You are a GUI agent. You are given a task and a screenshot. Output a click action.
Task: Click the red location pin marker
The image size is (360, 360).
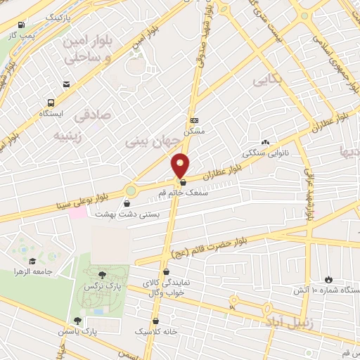point(181,165)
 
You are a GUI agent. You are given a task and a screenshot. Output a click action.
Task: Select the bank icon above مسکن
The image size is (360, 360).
point(194,120)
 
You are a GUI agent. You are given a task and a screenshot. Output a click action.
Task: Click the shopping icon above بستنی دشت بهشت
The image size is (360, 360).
point(127,205)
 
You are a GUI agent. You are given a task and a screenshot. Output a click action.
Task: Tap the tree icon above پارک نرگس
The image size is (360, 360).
point(103,275)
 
